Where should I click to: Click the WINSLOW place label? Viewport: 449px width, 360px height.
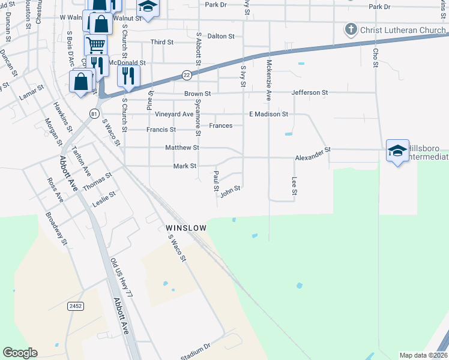point(186,229)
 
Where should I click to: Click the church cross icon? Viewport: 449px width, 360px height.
point(351,29)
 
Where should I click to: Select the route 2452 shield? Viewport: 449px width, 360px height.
point(76,306)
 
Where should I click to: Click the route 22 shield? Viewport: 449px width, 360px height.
point(187,75)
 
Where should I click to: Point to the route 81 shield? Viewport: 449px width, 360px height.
point(94,113)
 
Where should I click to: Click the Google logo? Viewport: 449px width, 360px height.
point(20,353)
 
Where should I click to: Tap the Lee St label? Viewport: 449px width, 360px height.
point(295,185)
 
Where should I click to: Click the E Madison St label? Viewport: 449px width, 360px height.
point(269,114)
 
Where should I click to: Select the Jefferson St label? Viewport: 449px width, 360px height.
point(310,93)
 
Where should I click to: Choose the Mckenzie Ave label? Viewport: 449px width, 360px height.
point(269,80)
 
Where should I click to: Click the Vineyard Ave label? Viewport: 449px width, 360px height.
point(174,114)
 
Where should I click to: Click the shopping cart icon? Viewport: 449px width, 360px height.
point(95,44)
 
